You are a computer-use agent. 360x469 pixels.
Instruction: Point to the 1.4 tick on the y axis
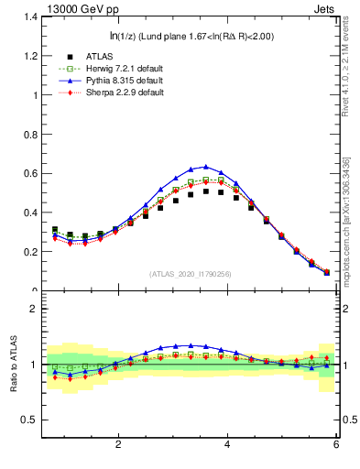(28, 16)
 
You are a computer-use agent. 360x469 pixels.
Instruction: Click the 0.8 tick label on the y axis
(28, 135)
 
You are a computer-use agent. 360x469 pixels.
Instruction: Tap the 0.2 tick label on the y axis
(28, 252)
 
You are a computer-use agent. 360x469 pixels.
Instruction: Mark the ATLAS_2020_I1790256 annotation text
(190, 274)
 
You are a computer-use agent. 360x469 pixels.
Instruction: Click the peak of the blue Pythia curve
(206, 167)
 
